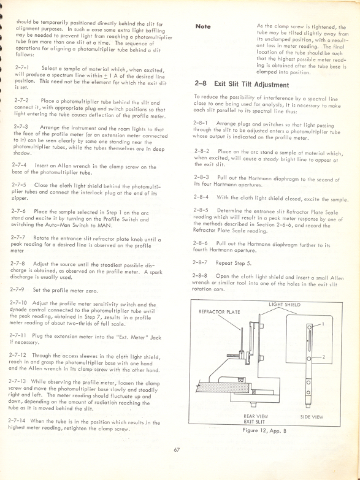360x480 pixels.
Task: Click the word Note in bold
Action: click(x=203, y=27)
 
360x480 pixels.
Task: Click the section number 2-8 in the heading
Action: click(x=201, y=85)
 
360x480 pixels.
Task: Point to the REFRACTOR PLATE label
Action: click(x=217, y=311)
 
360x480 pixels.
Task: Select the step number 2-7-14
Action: click(x=21, y=422)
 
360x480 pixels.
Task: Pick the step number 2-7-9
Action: click(x=19, y=290)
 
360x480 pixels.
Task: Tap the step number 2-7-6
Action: click(x=19, y=210)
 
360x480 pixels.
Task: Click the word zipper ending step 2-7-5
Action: click(x=20, y=199)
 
